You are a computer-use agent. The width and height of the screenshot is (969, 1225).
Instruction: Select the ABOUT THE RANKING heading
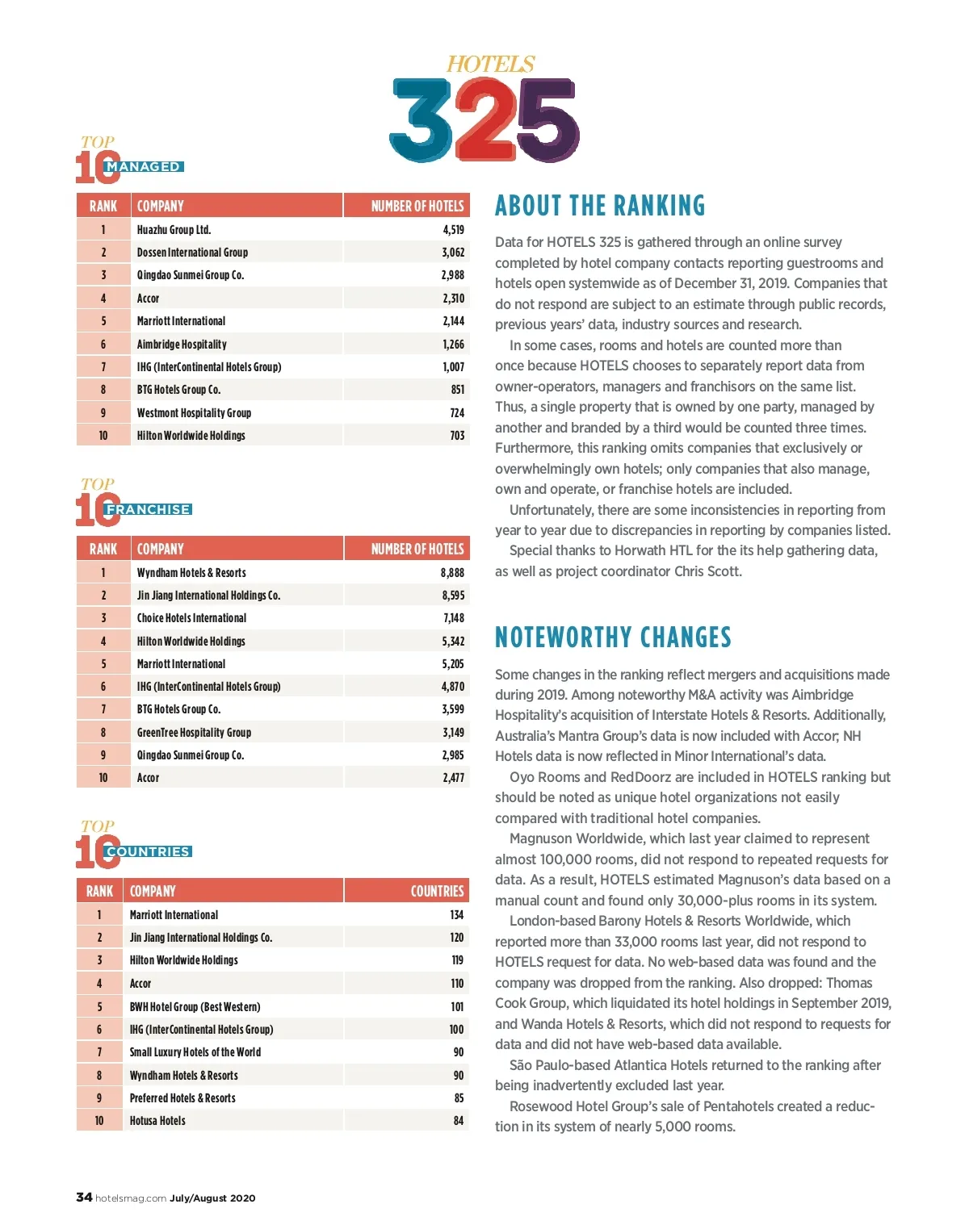(x=599, y=206)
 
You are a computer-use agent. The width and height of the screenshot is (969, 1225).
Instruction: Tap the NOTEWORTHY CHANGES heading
(x=613, y=638)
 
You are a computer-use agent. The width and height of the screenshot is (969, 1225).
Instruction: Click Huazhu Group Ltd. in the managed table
(x=174, y=230)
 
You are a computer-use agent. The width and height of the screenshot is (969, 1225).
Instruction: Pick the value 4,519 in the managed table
(x=453, y=230)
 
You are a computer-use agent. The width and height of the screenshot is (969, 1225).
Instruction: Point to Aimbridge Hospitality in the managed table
(x=182, y=345)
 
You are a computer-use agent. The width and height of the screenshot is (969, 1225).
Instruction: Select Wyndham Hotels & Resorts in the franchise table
(x=191, y=573)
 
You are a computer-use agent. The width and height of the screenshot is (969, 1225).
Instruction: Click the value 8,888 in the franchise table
(x=452, y=573)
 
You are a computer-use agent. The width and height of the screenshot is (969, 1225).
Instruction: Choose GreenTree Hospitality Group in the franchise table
(x=194, y=733)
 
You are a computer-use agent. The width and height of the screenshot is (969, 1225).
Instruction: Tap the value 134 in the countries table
(x=456, y=915)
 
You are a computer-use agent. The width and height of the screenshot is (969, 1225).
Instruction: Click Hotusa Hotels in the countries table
(x=157, y=1121)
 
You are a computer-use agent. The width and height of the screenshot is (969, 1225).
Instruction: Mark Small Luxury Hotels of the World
(x=195, y=1052)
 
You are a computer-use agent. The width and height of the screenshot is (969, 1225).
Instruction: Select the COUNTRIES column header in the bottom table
(x=437, y=891)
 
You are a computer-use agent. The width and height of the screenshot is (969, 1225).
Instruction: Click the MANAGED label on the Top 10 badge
(x=144, y=167)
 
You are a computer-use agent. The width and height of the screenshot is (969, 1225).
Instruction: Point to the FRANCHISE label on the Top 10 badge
(x=148, y=510)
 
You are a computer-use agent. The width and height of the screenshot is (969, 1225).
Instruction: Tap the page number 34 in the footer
(x=84, y=1198)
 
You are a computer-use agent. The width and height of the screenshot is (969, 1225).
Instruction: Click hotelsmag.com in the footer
(x=131, y=1198)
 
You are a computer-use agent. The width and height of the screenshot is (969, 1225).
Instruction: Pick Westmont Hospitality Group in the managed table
(x=194, y=413)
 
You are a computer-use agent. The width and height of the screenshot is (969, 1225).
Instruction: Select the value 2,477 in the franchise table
(x=453, y=778)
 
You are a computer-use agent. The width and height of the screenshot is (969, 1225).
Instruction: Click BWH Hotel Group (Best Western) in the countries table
(x=195, y=1007)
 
